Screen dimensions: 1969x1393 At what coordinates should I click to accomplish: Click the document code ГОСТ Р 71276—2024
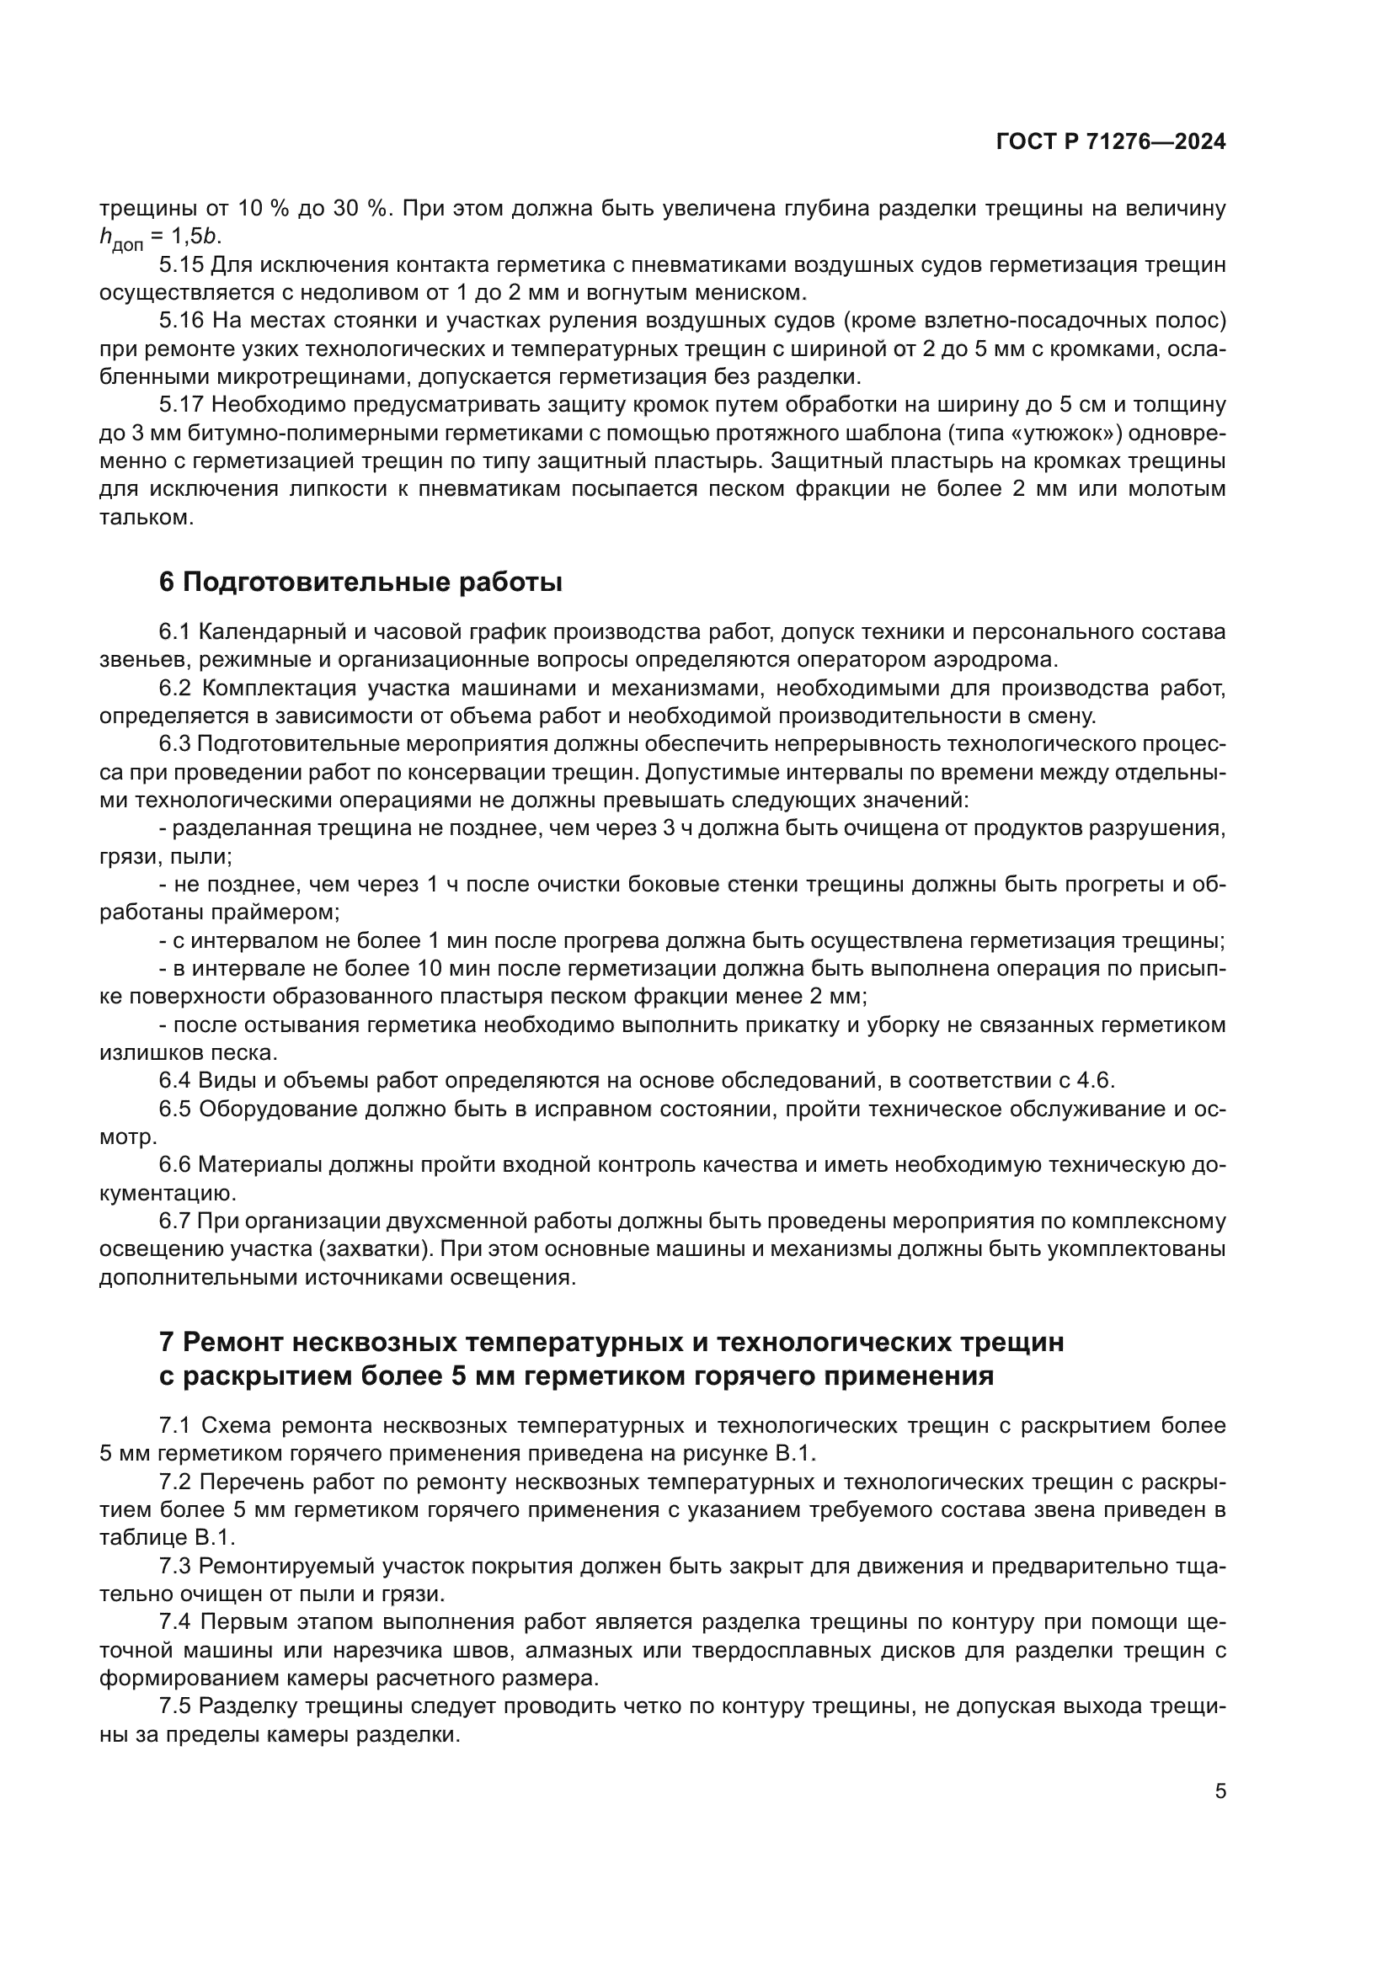tap(1110, 142)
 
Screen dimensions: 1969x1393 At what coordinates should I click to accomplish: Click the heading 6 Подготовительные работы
tap(360, 583)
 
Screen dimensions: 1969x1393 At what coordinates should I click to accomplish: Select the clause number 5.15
tap(181, 265)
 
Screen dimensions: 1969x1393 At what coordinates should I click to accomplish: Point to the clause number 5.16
tap(181, 321)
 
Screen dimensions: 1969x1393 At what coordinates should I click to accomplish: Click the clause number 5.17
tap(181, 405)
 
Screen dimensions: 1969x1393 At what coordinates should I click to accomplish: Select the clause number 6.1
tap(174, 632)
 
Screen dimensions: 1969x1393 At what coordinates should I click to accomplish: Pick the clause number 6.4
tap(174, 1081)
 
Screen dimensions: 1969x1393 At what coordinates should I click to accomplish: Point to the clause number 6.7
tap(174, 1221)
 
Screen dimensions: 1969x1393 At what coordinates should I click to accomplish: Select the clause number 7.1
tap(174, 1426)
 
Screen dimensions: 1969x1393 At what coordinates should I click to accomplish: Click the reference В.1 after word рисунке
tap(794, 1454)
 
